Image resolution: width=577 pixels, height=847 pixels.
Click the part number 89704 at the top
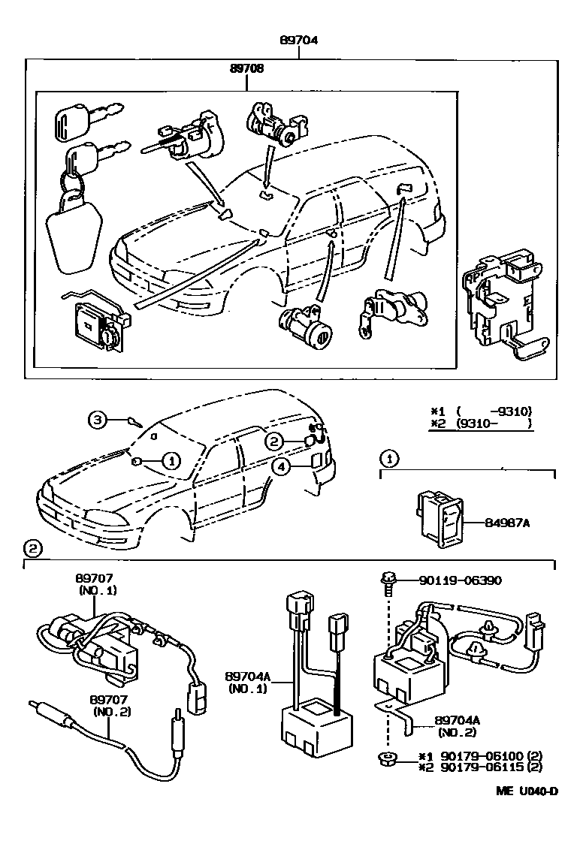click(298, 41)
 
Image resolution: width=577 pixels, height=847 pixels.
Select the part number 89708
click(247, 68)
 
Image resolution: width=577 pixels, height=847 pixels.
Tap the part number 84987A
click(509, 523)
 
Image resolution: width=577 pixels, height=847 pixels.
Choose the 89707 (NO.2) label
click(111, 706)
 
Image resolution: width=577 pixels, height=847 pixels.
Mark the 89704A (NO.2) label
click(458, 726)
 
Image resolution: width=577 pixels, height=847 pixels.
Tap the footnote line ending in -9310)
click(482, 411)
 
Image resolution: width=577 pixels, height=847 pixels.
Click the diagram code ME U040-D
click(526, 791)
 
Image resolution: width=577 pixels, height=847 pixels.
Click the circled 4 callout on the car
click(280, 467)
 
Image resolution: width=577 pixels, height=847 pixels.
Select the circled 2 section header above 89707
click(32, 547)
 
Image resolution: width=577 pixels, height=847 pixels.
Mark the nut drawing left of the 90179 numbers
click(386, 758)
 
